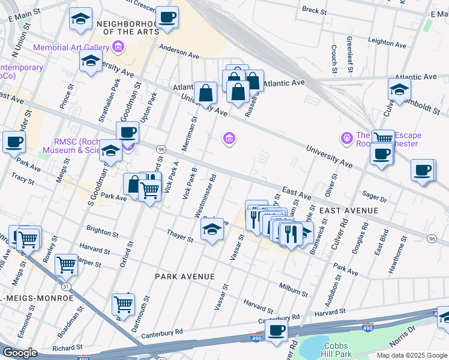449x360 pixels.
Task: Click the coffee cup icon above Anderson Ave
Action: pyautogui.click(x=167, y=17)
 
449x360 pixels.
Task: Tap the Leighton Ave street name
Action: pyautogui.click(x=390, y=42)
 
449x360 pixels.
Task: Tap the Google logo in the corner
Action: pyautogui.click(x=19, y=353)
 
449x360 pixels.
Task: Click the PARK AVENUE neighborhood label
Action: pyautogui.click(x=184, y=276)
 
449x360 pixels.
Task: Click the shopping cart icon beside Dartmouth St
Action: pyautogui.click(x=123, y=304)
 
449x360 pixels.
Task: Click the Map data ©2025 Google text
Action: pyautogui.click(x=411, y=355)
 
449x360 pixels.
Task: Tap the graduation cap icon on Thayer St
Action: pyautogui.click(x=212, y=230)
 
